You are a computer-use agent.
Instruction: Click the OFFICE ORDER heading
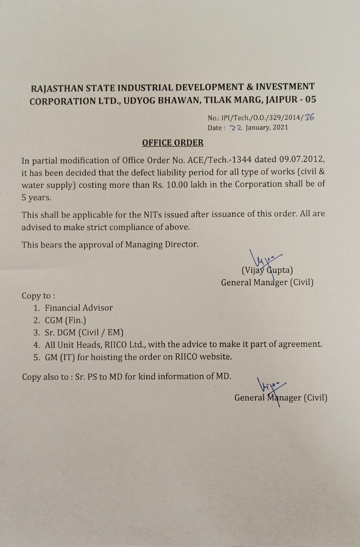(173, 143)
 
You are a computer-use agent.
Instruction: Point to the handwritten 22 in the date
(236, 127)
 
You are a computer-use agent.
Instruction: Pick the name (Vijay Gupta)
(267, 270)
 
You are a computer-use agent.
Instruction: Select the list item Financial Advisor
(79, 308)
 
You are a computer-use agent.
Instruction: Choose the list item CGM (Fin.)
(65, 320)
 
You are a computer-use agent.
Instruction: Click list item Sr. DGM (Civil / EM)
(84, 332)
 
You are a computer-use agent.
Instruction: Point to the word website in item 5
(215, 356)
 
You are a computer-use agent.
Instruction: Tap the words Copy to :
(38, 296)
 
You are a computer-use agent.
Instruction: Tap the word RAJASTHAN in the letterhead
(57, 88)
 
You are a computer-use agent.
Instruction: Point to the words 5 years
(36, 197)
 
